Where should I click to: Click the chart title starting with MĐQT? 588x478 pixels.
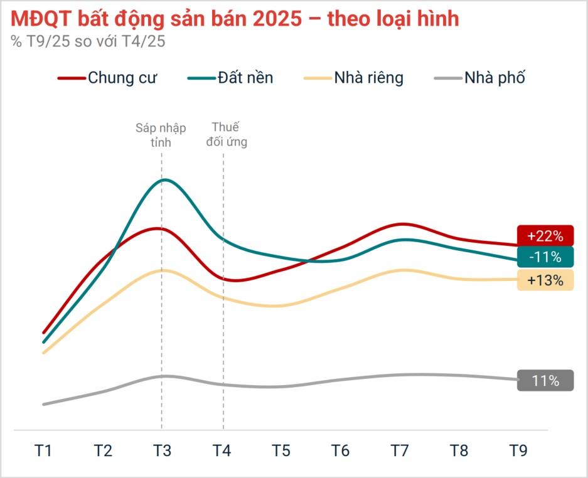235,19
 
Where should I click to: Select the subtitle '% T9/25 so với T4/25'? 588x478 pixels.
88,41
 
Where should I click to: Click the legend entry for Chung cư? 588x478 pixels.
107,78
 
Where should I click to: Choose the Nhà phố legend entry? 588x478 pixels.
479,78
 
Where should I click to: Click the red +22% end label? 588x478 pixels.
545,236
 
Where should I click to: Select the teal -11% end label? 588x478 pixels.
545,257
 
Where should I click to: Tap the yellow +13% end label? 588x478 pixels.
545,280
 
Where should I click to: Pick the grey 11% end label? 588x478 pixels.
545,381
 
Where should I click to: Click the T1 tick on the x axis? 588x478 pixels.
43,450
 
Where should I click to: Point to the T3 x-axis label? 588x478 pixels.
161,450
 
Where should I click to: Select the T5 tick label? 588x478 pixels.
281,450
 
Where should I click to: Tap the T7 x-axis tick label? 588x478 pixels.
400,450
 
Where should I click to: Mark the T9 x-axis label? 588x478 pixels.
518,450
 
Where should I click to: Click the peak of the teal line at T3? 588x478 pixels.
164,180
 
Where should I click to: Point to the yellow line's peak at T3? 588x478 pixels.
162,270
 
